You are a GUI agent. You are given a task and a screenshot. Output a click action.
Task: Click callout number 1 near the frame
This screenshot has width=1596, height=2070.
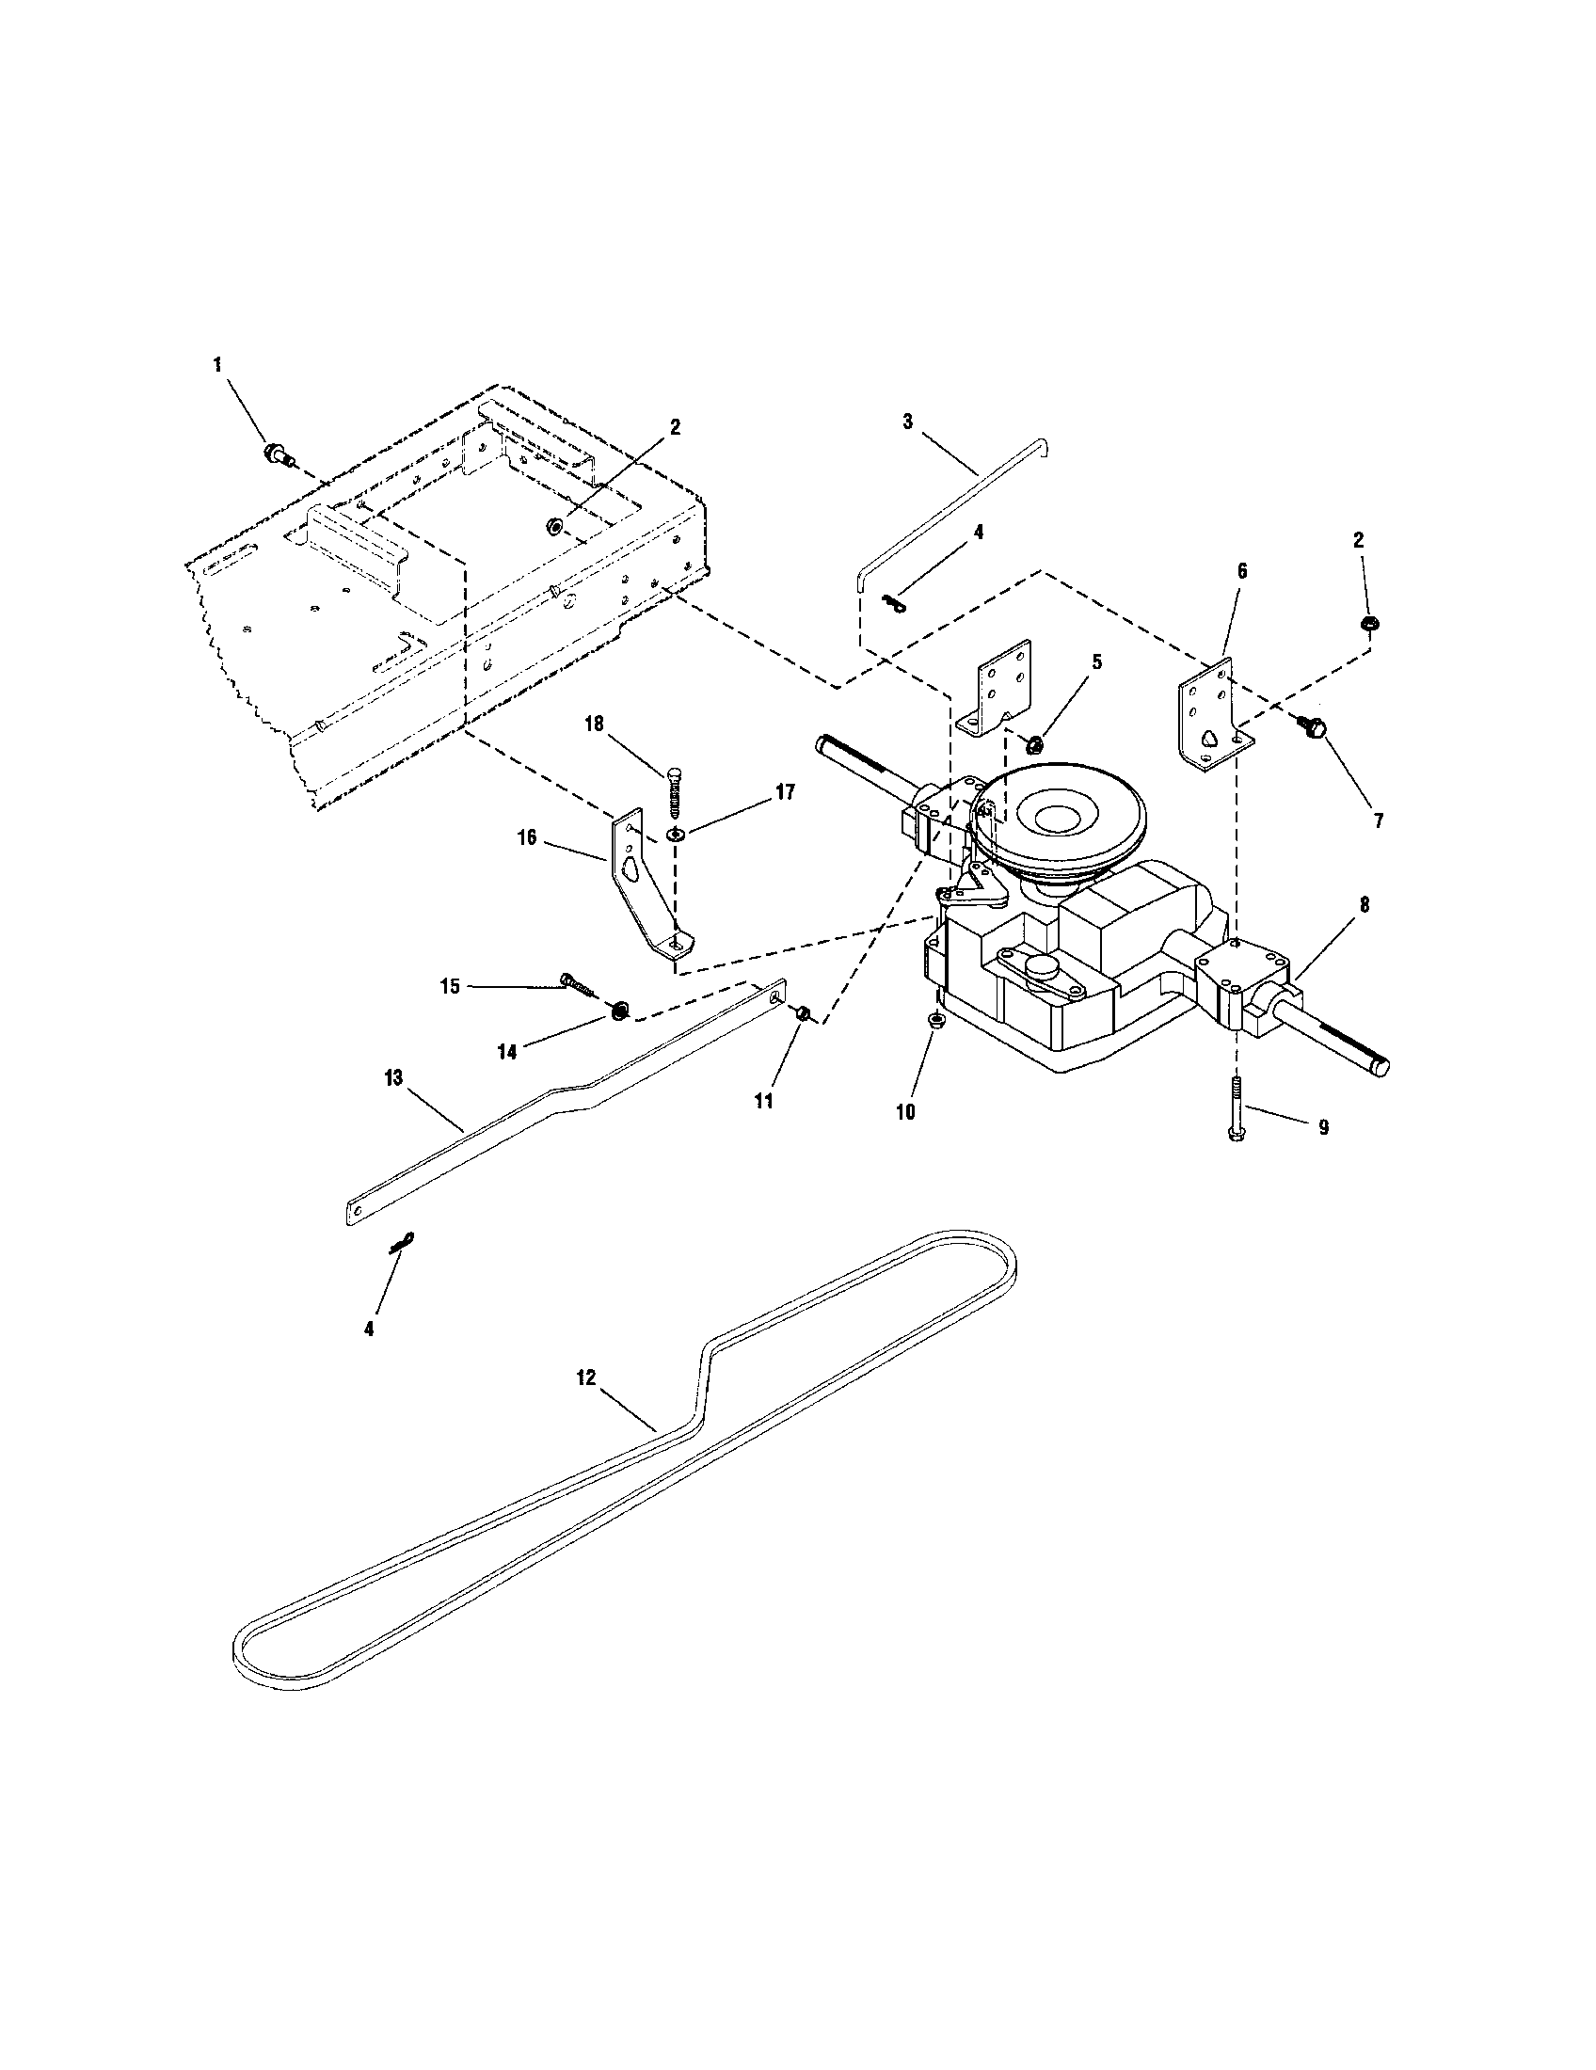point(218,364)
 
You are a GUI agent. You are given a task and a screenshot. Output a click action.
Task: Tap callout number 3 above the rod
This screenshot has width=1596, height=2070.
point(907,422)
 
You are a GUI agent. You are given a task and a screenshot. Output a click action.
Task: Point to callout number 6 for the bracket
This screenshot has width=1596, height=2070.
point(1241,570)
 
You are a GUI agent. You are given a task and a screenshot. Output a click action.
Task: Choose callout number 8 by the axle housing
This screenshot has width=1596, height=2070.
point(1364,904)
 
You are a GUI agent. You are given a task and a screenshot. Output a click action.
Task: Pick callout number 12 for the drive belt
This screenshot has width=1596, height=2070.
point(585,1377)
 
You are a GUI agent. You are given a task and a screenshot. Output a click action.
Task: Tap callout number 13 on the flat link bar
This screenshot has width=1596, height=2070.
point(393,1077)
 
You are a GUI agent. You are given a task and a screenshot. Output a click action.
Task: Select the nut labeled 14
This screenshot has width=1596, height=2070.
point(619,1011)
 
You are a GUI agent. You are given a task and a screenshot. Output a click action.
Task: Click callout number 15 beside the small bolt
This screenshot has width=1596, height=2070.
point(450,986)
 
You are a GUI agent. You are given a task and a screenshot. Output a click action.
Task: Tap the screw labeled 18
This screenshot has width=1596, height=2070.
point(674,788)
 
